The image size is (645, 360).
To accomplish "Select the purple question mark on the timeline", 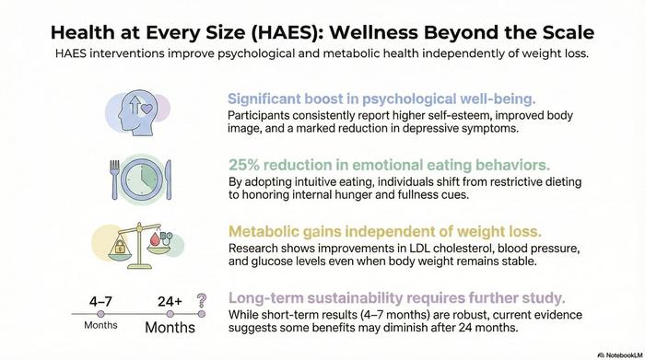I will [x=201, y=302].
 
